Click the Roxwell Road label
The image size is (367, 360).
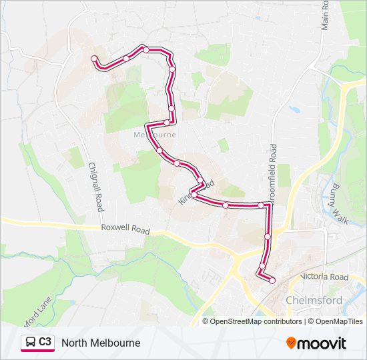pos(125,228)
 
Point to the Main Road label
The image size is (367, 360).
pos(326,15)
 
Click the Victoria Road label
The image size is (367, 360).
pos(324,277)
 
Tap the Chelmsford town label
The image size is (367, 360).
pos(314,300)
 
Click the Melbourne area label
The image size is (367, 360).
pos(155,134)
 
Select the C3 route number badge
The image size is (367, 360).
pos(45,342)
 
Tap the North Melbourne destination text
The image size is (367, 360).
pos(101,343)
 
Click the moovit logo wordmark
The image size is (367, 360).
pos(322,343)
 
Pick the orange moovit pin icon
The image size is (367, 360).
pos(292,343)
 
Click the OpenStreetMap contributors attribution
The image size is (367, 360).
pos(256,321)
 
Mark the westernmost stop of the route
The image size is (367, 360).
pos(94,59)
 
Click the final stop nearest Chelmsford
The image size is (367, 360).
pos(272,281)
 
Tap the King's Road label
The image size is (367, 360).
pos(196,189)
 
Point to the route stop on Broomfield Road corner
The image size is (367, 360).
pos(262,205)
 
